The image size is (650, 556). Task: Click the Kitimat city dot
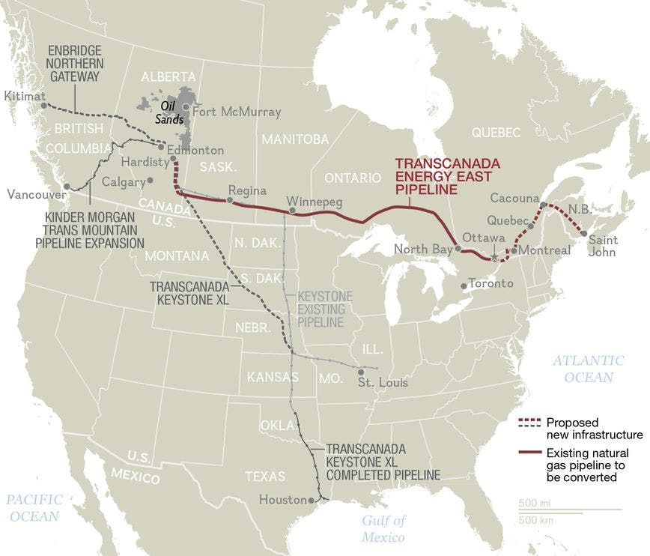click(x=44, y=106)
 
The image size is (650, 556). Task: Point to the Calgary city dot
click(x=151, y=180)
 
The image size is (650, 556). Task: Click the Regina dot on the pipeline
click(x=230, y=201)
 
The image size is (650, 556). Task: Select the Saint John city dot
click(x=584, y=234)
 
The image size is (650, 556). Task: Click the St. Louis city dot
click(x=362, y=372)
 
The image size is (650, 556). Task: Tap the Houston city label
click(x=282, y=500)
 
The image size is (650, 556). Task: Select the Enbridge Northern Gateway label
click(x=76, y=63)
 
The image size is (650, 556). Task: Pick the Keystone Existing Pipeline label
click(x=320, y=309)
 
